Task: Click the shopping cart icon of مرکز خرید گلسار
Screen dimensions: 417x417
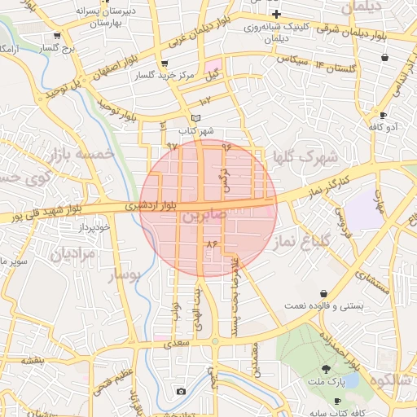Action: point(165,64)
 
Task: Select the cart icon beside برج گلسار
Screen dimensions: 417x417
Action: point(56,37)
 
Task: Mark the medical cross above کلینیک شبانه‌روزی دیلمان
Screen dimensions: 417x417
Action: point(277,14)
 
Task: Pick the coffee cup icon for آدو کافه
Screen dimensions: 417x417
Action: point(383,115)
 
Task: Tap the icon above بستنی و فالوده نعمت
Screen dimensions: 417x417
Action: point(324,293)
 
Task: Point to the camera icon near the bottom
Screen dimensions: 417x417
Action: point(181,392)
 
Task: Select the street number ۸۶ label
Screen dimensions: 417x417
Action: point(213,244)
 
